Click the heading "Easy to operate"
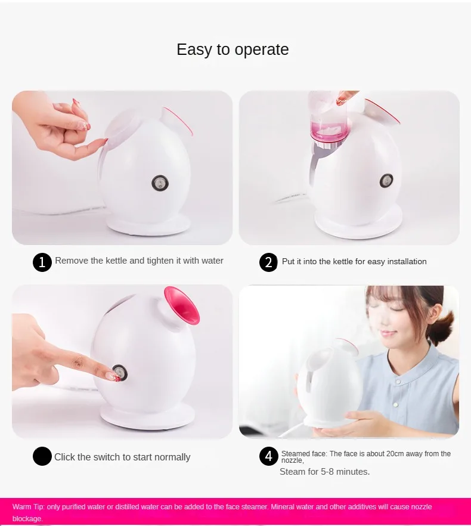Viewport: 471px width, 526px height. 233,49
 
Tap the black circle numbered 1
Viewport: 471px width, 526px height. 42,262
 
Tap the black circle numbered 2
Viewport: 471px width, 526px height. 269,262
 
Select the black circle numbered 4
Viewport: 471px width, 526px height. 269,457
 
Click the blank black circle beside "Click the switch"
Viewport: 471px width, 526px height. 42,457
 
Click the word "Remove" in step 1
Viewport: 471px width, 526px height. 72,261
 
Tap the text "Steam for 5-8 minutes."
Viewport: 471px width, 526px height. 325,472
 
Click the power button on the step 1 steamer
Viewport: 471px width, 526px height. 160,183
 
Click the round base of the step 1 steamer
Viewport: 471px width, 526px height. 148,225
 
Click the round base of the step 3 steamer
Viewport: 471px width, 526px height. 147,415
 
